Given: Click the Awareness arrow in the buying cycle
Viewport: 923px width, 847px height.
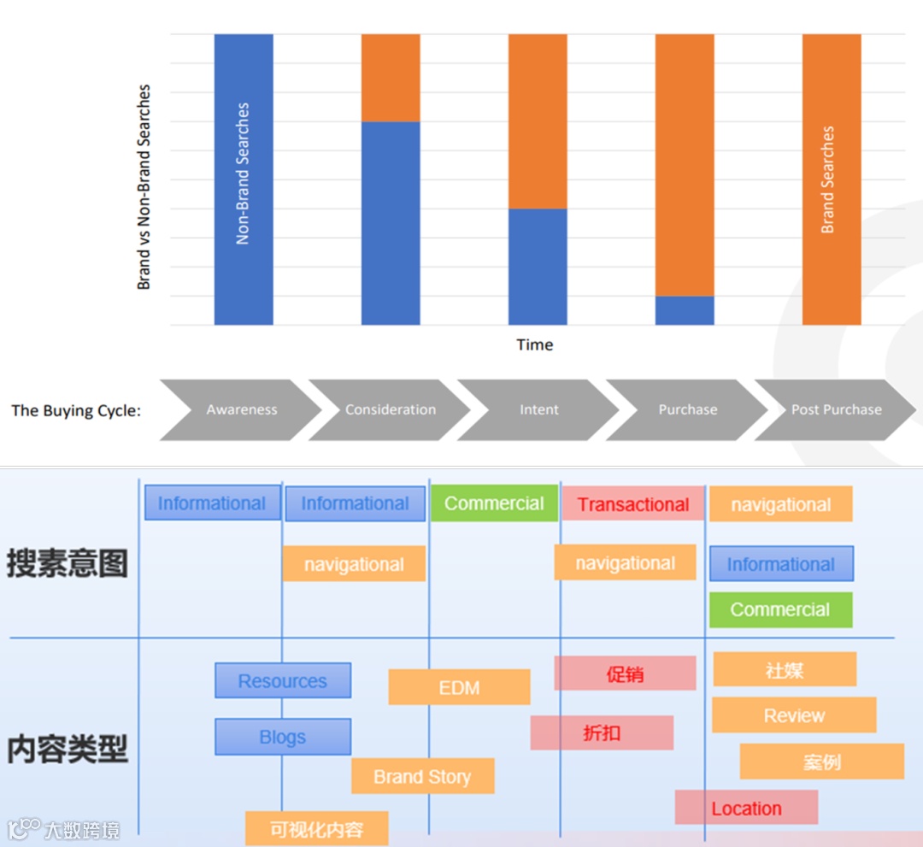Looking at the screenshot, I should [241, 410].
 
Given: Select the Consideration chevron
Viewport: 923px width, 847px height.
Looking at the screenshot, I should [391, 410].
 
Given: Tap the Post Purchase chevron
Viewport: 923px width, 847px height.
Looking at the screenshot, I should [836, 410].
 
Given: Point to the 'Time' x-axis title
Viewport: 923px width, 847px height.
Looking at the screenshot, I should [535, 344].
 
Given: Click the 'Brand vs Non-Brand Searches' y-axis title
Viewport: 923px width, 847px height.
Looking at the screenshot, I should [144, 186].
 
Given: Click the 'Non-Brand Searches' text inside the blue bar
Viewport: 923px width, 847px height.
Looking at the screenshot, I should [244, 174].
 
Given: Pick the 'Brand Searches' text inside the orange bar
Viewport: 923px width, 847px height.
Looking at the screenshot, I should [827, 179].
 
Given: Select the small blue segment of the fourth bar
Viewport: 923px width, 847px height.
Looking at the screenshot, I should [685, 310].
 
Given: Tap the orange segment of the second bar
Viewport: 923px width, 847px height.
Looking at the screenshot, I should [391, 78].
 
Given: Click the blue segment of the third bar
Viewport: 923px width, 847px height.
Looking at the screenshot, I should [538, 267].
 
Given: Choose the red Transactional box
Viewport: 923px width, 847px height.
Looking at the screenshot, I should [632, 504].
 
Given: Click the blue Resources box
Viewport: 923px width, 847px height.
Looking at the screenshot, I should [283, 681].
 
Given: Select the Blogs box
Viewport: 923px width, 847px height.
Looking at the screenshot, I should [283, 737].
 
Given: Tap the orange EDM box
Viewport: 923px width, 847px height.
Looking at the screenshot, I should [459, 687].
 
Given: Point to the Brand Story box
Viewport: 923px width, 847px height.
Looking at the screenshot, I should [422, 777].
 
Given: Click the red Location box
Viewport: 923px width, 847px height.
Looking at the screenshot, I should [746, 808].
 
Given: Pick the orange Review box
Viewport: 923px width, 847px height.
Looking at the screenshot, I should [794, 715].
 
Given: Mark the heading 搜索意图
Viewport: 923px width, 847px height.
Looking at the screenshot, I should [68, 563].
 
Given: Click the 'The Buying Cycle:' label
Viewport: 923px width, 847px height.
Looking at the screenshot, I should [76, 410].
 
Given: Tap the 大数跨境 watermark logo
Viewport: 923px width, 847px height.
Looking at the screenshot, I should [64, 829].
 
